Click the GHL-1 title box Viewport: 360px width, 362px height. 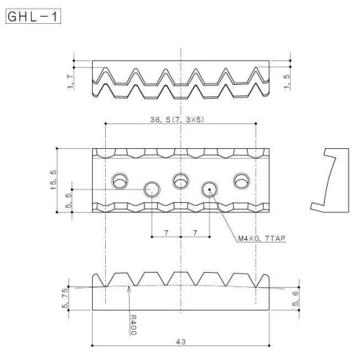(x=33, y=17)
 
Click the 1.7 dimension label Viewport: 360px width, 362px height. (x=71, y=81)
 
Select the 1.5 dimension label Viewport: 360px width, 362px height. (x=287, y=81)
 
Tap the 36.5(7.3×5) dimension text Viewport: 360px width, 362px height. (x=177, y=119)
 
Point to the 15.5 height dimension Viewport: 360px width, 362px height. (x=53, y=180)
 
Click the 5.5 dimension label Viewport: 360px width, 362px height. (x=68, y=201)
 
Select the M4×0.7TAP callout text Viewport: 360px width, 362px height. (x=261, y=238)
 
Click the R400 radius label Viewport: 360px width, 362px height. (x=133, y=325)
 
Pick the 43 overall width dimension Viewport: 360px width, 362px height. (x=181, y=342)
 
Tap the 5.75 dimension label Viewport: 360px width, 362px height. (x=65, y=298)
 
